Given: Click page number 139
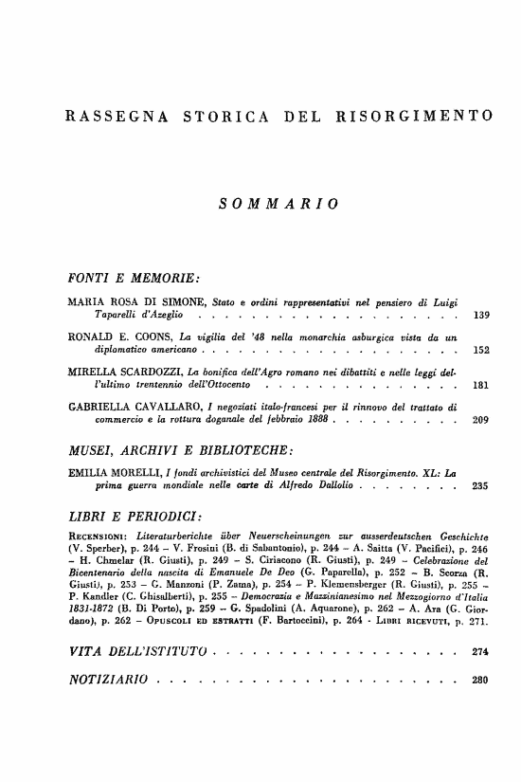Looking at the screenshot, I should (479, 314).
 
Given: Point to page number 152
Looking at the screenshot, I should (479, 351).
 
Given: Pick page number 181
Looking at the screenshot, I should (479, 387).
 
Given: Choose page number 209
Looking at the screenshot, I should (479, 421).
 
